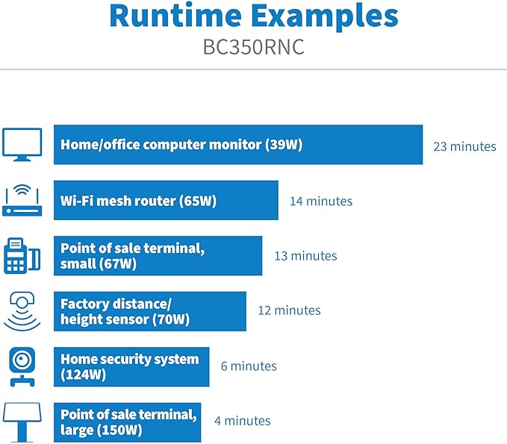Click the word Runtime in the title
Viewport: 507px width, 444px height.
click(x=175, y=16)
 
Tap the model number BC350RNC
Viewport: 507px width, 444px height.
click(x=254, y=47)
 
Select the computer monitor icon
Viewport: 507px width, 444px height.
click(x=22, y=145)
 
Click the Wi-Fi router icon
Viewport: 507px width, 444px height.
click(x=22, y=200)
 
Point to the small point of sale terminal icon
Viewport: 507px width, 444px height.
click(x=22, y=256)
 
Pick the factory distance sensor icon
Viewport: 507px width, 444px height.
click(x=22, y=311)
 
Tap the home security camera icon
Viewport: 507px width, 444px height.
click(x=22, y=367)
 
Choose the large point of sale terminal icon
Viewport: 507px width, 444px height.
click(x=22, y=422)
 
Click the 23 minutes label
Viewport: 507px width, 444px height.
click(x=464, y=146)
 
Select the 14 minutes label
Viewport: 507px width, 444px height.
click(x=321, y=201)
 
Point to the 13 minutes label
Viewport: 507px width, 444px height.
click(x=305, y=256)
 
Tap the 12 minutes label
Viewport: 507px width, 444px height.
click(x=290, y=310)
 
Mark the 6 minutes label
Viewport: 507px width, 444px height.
click(x=249, y=366)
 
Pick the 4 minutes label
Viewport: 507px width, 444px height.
click(x=243, y=420)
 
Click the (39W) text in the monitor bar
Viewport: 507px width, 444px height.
click(x=284, y=145)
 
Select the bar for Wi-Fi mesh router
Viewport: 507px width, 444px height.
click(x=166, y=200)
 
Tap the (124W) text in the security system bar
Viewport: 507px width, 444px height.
click(x=83, y=375)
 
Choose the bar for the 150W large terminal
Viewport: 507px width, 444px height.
click(x=128, y=422)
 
